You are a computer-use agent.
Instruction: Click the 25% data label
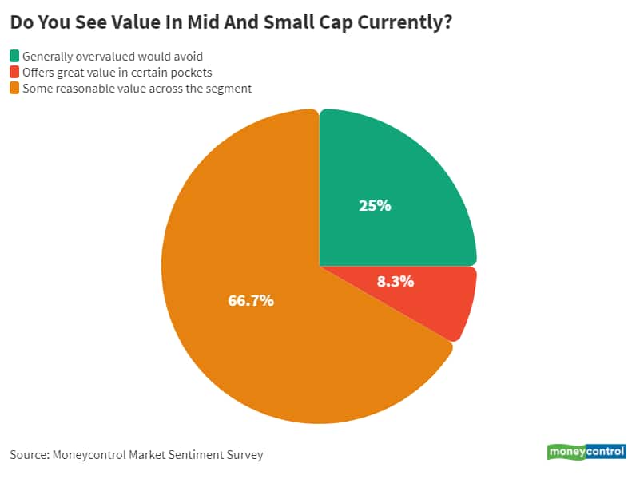click(375, 205)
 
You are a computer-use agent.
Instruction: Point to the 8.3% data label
click(395, 281)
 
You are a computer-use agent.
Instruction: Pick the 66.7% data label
click(252, 301)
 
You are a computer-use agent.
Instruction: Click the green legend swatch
click(14, 56)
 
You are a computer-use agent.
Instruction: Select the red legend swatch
click(14, 73)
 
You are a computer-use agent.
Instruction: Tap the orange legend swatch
click(14, 89)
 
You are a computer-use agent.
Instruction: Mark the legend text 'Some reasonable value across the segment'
click(137, 89)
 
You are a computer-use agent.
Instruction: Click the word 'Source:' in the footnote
click(29, 455)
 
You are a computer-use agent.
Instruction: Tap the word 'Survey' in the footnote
click(244, 455)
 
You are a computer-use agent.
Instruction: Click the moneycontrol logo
click(586, 452)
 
